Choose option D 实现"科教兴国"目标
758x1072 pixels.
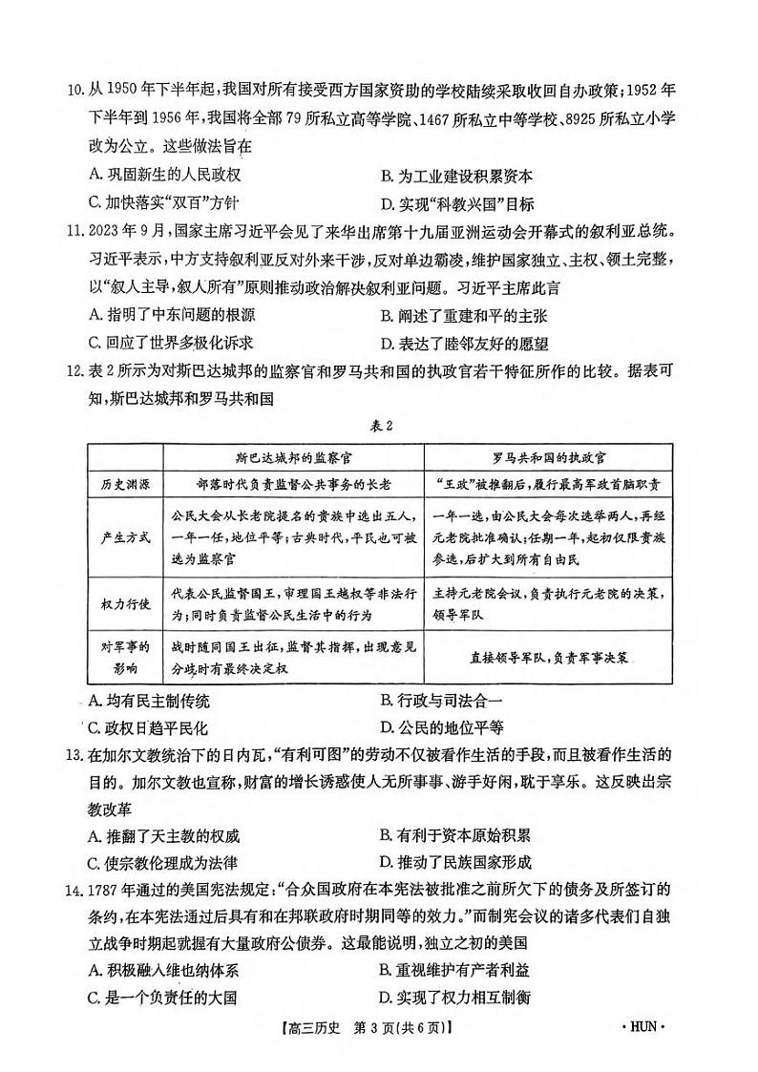coord(456,203)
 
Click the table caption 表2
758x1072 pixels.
coord(380,426)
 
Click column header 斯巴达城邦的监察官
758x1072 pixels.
coord(291,455)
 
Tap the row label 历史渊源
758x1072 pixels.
coord(125,483)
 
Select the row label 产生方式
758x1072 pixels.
coord(125,536)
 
